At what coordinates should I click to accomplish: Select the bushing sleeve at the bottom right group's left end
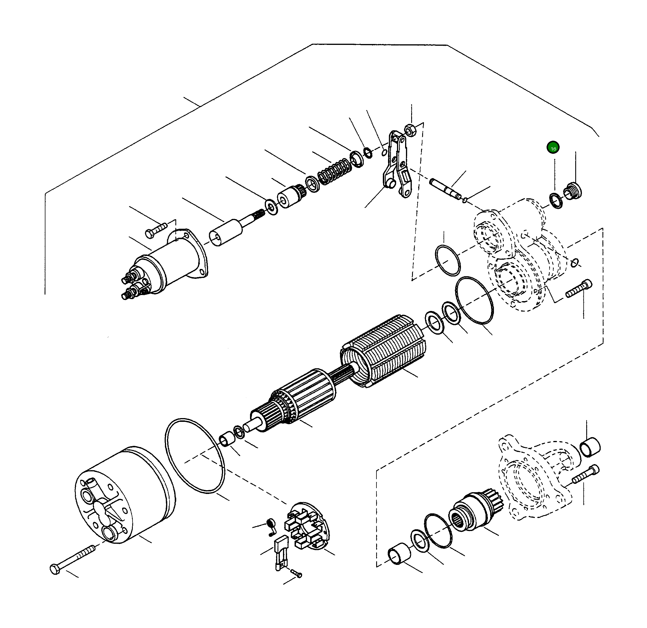(x=399, y=554)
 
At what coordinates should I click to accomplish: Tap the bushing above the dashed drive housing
(x=590, y=448)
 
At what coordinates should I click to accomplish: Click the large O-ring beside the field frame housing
(x=195, y=456)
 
